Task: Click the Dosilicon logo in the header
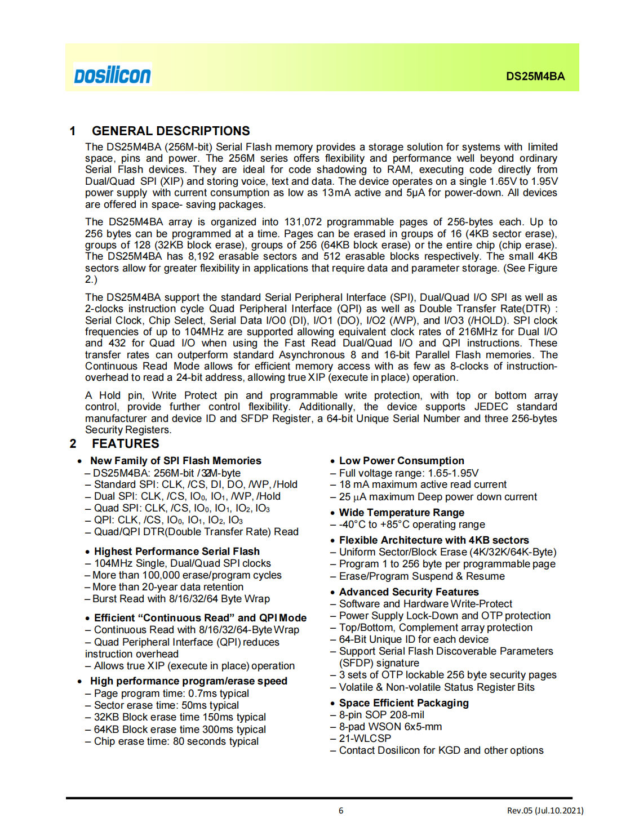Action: click(113, 75)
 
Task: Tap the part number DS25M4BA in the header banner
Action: click(535, 77)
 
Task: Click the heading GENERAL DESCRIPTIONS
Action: click(171, 131)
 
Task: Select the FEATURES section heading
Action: click(126, 444)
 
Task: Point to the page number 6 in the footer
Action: click(341, 811)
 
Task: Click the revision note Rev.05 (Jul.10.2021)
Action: click(545, 811)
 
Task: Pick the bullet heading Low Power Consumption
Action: click(401, 461)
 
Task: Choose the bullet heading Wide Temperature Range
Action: click(401, 513)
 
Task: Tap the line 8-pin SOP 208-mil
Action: click(381, 715)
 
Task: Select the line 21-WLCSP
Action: click(365, 739)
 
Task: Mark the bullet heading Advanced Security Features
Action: click(409, 592)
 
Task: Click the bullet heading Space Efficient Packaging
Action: click(403, 703)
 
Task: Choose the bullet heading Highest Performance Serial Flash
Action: click(176, 552)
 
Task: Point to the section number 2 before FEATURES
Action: click(73, 444)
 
